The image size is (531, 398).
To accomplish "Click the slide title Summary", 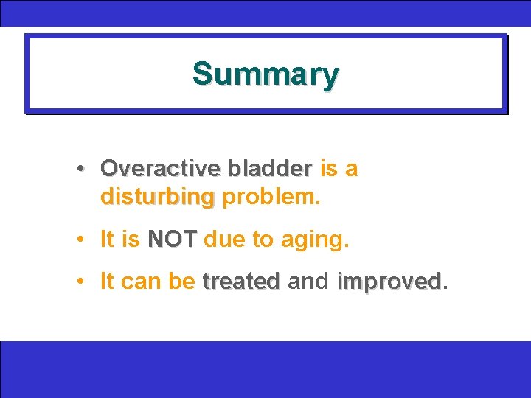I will coord(265,74).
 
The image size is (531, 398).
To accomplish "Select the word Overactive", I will coord(159,169).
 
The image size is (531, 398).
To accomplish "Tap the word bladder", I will coord(270,169).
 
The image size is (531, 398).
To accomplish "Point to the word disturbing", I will coord(157,198).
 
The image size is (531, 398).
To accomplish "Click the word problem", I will coord(270,198).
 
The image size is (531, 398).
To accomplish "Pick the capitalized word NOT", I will coord(173,240).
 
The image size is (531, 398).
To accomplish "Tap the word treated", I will coord(241,282).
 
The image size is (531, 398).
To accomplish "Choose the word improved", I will coord(389,282).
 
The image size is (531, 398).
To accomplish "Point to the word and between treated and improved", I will coord(308,282).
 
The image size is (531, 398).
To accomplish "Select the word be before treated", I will coord(182,282).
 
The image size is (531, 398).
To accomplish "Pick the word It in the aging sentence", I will coord(106,240).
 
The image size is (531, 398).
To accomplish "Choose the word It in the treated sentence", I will coord(106,282).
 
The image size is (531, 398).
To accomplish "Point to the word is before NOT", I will coord(131,240).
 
